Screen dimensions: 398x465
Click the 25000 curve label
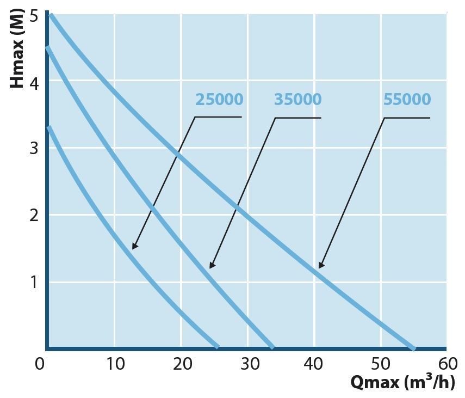[219, 100]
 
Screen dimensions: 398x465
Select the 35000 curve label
[297, 100]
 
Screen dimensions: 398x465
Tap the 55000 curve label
[407, 100]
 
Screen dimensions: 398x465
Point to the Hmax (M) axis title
[18, 48]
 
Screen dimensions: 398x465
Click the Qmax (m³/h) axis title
[402, 382]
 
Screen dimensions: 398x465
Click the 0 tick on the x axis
[40, 363]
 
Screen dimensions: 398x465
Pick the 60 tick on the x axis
[447, 363]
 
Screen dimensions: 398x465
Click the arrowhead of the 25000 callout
[134, 247]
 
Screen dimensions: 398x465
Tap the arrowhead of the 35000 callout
[211, 266]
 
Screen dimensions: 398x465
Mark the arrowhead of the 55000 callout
[320, 266]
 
